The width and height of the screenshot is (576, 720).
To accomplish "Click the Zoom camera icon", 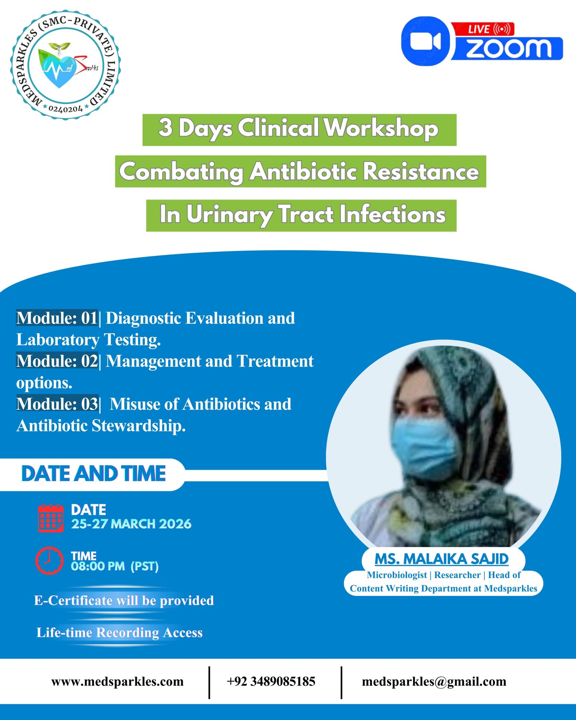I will click(x=426, y=41).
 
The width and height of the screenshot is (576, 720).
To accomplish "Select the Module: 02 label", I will click(x=57, y=361).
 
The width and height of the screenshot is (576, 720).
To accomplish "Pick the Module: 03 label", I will click(x=57, y=404).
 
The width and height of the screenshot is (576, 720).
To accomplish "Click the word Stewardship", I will click(x=139, y=426).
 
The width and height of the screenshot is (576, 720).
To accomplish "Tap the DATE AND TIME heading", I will click(x=93, y=474).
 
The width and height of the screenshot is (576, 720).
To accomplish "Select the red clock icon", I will click(x=49, y=561).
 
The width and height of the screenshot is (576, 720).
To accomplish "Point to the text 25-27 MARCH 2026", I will click(x=131, y=524).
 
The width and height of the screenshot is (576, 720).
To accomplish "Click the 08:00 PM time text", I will click(x=98, y=566).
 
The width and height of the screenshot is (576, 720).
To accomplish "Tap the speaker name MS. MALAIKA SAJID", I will click(x=441, y=559).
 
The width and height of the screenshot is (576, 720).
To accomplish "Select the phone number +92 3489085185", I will click(x=271, y=681).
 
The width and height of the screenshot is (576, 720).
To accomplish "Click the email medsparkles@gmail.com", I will click(x=434, y=681).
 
